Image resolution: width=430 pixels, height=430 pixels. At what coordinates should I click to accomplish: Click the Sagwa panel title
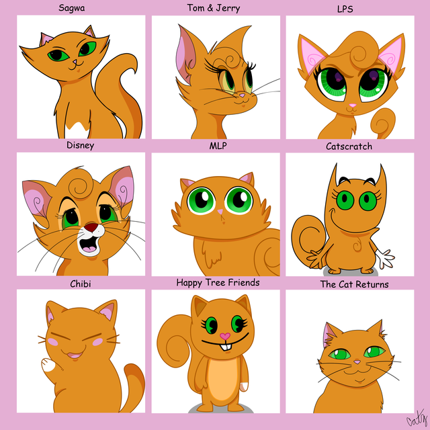(x=72, y=8)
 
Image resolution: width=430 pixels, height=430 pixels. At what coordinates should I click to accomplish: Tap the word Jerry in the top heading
(x=228, y=8)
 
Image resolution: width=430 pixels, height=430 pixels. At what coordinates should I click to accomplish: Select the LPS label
(x=345, y=9)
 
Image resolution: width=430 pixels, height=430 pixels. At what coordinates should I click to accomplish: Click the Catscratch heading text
(x=349, y=146)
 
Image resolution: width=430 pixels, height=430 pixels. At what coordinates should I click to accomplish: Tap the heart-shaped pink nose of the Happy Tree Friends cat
(x=225, y=336)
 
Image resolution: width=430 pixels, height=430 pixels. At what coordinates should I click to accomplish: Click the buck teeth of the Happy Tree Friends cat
(x=226, y=347)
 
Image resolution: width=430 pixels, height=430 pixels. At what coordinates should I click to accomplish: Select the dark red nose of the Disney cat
(x=91, y=227)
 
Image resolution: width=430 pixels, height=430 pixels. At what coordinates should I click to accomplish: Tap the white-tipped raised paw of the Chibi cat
(x=49, y=365)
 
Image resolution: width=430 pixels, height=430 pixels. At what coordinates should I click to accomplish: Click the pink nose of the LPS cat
(x=353, y=105)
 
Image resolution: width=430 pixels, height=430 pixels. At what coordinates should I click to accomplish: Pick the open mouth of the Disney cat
(x=89, y=244)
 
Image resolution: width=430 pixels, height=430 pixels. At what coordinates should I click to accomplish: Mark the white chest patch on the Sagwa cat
(x=78, y=130)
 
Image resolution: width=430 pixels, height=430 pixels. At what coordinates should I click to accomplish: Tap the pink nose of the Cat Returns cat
(x=357, y=362)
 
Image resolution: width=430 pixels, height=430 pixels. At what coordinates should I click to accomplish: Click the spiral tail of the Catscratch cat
(x=308, y=236)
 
